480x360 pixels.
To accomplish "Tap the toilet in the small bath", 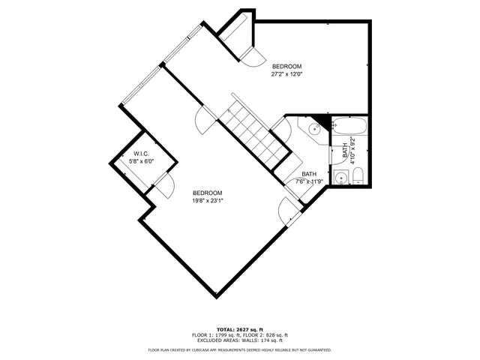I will pyautogui.click(x=358, y=178).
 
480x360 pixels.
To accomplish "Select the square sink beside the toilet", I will pyautogui.click(x=341, y=178).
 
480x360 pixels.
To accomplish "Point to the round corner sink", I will pyautogui.click(x=315, y=128).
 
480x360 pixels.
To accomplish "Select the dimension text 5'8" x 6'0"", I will pyautogui.click(x=140, y=161).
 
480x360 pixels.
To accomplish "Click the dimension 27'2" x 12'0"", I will pyautogui.click(x=286, y=74).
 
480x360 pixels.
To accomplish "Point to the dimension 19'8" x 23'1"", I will pyautogui.click(x=208, y=200).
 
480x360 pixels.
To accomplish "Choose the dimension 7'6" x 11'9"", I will pyautogui.click(x=309, y=181).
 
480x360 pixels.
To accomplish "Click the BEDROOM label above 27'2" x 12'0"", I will pyautogui.click(x=286, y=66).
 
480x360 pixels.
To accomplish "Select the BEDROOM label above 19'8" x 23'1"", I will pyautogui.click(x=208, y=192).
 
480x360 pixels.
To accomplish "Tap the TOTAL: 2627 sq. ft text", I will pyautogui.click(x=240, y=330).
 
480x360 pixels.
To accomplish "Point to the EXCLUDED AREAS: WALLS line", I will pyautogui.click(x=240, y=341).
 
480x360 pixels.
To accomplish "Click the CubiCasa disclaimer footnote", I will pyautogui.click(x=240, y=349).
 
